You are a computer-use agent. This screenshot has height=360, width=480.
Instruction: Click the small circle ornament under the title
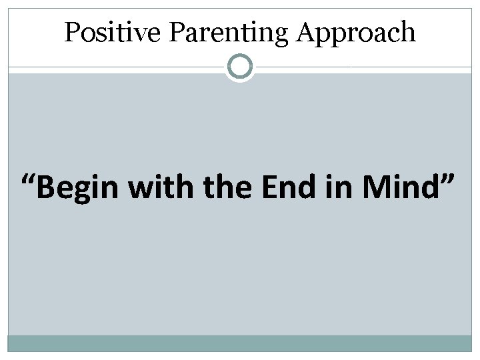(x=240, y=67)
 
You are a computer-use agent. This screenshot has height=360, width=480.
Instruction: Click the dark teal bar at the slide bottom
(x=240, y=343)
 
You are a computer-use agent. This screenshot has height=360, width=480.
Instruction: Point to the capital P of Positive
(x=71, y=32)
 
